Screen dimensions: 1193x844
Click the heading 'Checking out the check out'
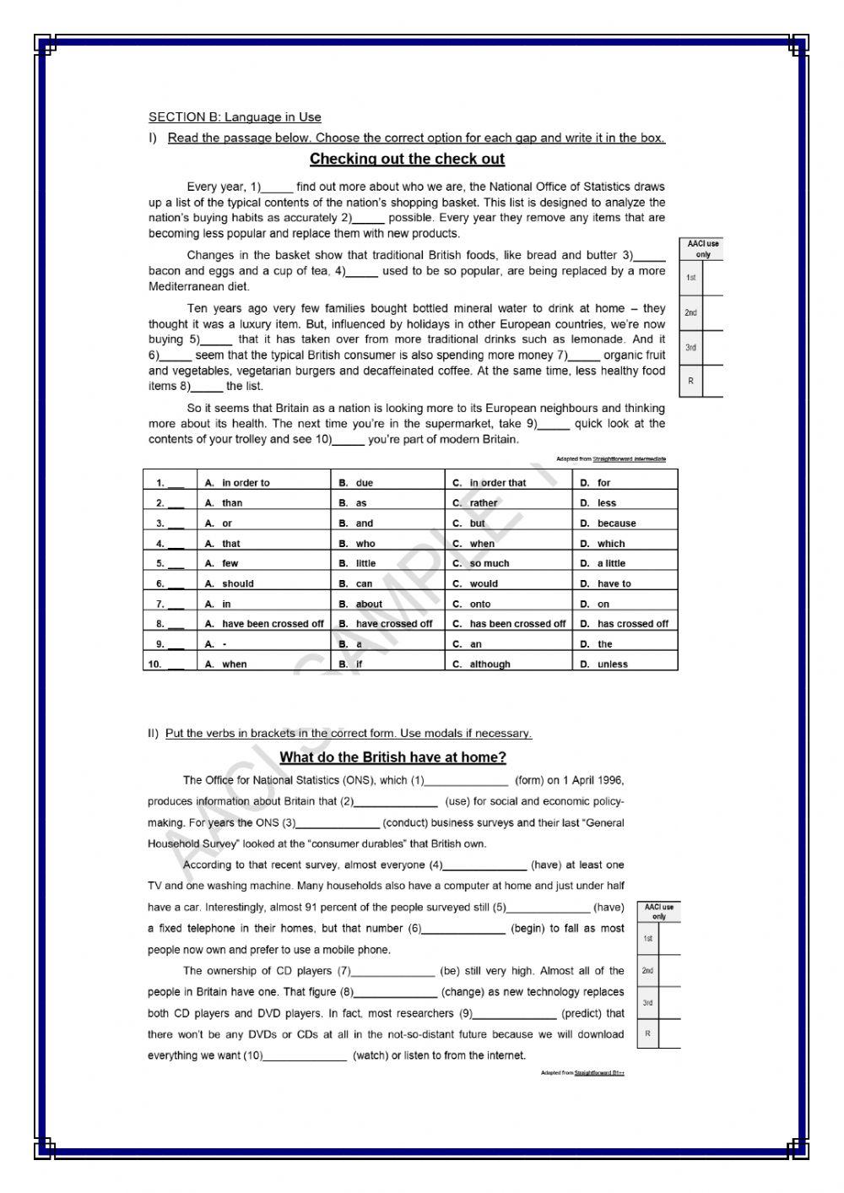click(x=407, y=159)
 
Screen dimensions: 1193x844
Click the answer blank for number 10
click(x=176, y=664)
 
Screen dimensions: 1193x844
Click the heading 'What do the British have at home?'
click(x=392, y=757)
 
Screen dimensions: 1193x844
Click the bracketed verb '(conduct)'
click(x=409, y=822)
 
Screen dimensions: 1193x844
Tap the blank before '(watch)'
click(x=305, y=1056)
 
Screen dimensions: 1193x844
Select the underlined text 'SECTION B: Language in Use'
click(x=235, y=117)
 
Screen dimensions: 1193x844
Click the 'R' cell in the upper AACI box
click(x=690, y=381)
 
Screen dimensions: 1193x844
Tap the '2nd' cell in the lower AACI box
click(x=647, y=971)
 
